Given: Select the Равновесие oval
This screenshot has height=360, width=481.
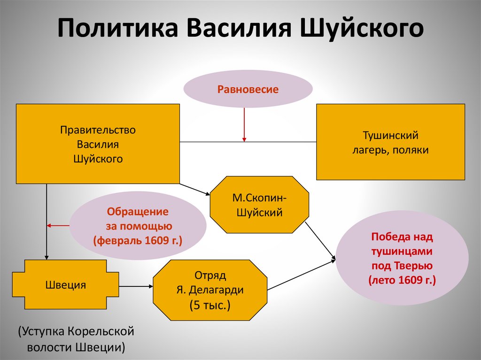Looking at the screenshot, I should (x=248, y=89).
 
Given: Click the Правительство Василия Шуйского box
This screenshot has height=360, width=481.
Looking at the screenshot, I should (x=98, y=144).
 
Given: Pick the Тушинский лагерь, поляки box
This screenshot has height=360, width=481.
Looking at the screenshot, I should (x=390, y=142).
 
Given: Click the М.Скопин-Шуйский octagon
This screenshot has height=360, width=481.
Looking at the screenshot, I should (x=259, y=205).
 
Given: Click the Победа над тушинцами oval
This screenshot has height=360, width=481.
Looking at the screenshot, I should (x=402, y=259).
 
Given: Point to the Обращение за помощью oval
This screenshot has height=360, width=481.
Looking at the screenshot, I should (x=138, y=226).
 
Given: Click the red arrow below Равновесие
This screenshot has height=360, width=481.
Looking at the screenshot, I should (x=244, y=125).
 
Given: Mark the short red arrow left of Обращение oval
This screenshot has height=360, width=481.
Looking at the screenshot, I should (x=59, y=226).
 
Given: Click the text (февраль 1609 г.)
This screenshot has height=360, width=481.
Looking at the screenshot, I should (x=138, y=240).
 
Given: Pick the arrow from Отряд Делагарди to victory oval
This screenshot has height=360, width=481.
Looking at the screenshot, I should (x=301, y=275).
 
